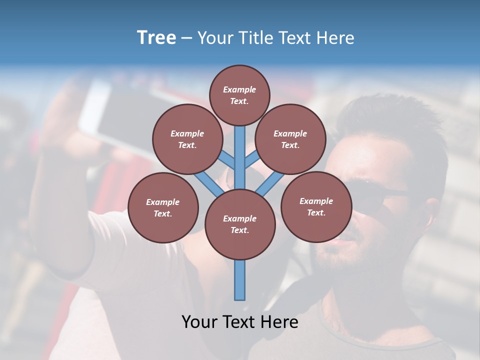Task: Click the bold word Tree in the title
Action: [x=156, y=38]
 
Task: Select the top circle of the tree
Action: [x=239, y=95]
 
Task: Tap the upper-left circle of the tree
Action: [x=187, y=139]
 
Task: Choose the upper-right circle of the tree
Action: [x=290, y=139]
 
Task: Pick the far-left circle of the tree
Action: [x=163, y=207]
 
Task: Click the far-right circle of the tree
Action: [x=316, y=206]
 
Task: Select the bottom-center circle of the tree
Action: [x=240, y=224]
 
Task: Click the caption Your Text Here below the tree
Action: [x=240, y=322]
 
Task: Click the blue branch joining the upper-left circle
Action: [x=228, y=160]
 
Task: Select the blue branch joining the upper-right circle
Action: [x=251, y=160]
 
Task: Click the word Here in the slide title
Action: [x=336, y=38]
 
